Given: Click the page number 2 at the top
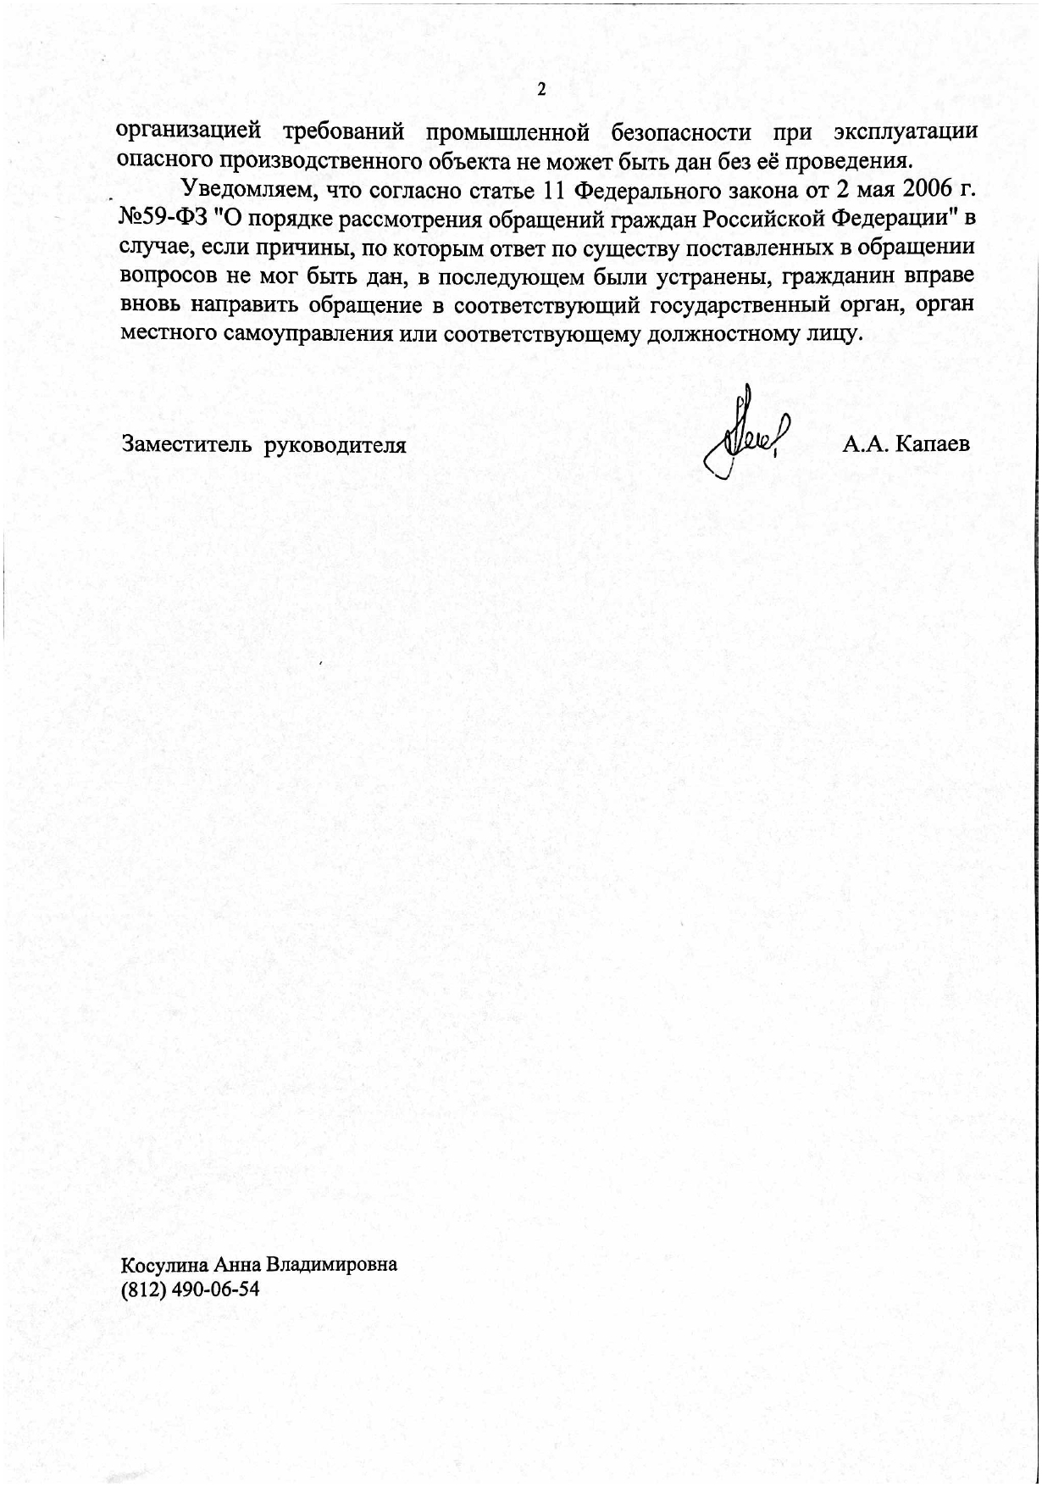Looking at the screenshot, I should coord(541,90).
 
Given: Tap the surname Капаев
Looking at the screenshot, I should coord(933,443).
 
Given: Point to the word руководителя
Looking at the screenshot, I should coord(335,444).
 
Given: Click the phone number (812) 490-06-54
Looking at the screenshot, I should coord(191,1289).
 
